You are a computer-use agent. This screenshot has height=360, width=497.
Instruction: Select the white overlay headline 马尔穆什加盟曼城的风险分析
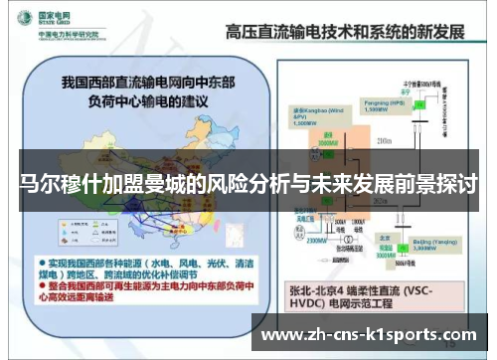point(248,186)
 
